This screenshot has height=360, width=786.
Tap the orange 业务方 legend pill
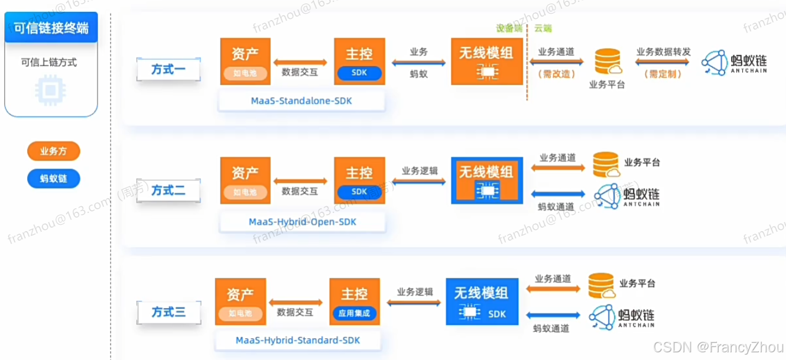click(x=53, y=151)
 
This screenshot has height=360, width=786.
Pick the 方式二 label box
click(x=168, y=190)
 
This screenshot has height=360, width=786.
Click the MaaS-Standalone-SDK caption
click(x=301, y=100)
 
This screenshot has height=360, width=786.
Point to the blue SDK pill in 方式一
click(x=359, y=74)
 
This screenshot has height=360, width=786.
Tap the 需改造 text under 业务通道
click(x=557, y=74)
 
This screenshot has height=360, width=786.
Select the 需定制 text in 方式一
click(x=663, y=74)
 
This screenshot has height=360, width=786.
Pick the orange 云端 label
click(x=543, y=28)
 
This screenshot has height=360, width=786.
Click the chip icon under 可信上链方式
click(x=51, y=89)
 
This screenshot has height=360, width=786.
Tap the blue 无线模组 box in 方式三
click(x=482, y=301)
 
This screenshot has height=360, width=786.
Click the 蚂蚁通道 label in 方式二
click(x=556, y=206)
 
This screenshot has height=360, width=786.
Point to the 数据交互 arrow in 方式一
click(x=300, y=61)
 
